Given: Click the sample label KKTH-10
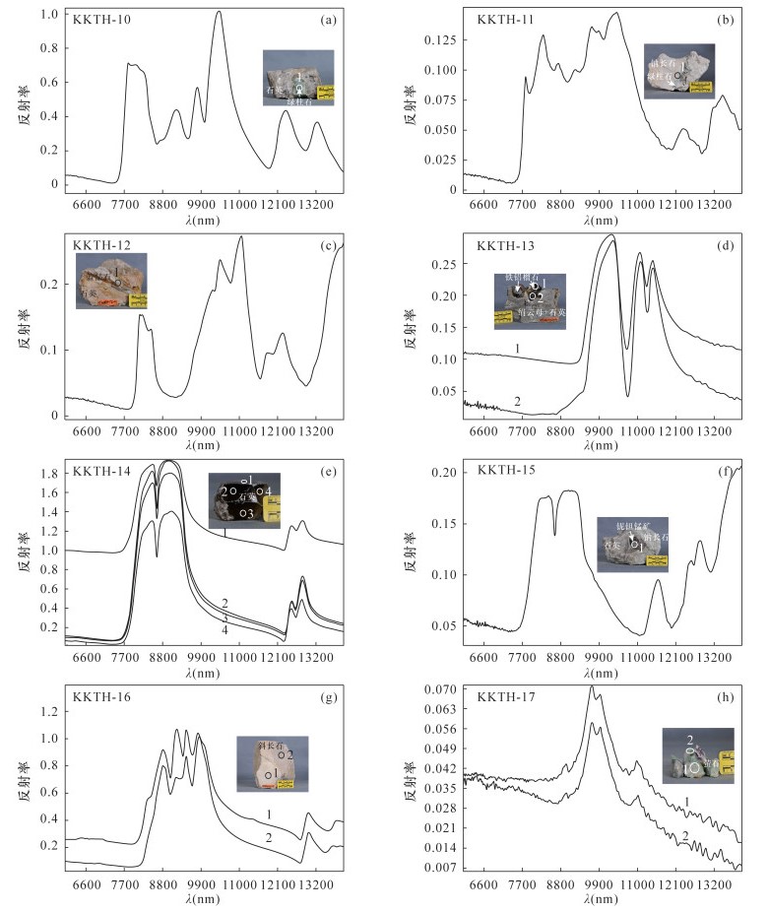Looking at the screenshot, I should click(x=100, y=19).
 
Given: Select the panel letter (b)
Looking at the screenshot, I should click(x=728, y=19).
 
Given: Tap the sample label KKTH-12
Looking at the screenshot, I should click(x=100, y=241).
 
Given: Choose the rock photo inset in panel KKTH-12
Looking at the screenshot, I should click(x=111, y=281).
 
